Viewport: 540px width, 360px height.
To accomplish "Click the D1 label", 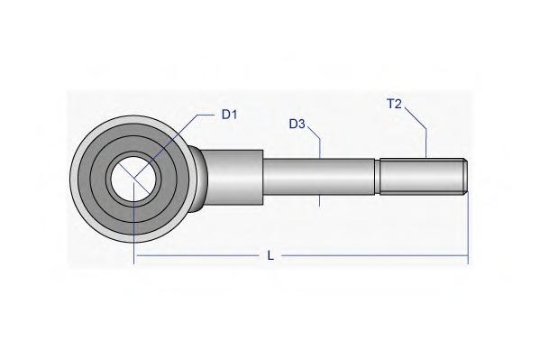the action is point(229,115).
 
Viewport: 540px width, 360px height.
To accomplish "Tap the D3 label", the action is point(297,124).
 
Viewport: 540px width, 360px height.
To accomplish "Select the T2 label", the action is point(394,104).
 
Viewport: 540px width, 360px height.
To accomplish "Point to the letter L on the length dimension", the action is point(271,255).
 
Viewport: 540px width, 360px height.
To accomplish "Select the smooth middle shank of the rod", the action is point(318,177).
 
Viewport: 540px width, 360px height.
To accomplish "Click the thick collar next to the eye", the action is point(234,177).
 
